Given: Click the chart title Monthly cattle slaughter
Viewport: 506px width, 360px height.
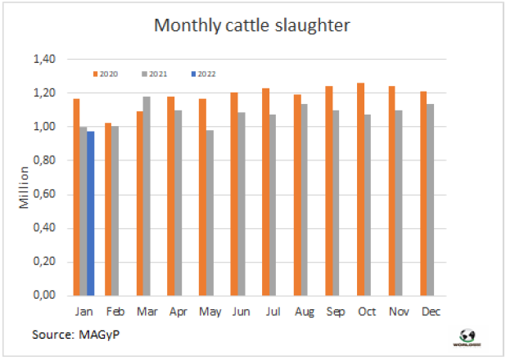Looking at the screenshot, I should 252,25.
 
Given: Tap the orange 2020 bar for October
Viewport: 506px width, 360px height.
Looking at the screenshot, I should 360,189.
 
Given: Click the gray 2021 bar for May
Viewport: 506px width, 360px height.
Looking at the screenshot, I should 210,213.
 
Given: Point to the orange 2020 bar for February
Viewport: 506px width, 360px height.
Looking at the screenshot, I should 107,209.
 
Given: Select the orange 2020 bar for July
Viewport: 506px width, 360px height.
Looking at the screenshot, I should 265,191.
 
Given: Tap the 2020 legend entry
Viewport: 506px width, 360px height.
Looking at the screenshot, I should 106,74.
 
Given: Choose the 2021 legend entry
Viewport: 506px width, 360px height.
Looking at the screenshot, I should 154,74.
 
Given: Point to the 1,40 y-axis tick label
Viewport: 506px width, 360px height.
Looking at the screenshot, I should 44,60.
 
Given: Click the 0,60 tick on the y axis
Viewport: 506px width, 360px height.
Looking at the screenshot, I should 44,194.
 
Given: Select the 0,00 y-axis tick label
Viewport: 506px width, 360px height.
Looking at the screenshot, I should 44,295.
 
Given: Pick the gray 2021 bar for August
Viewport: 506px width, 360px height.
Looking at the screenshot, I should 305,199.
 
